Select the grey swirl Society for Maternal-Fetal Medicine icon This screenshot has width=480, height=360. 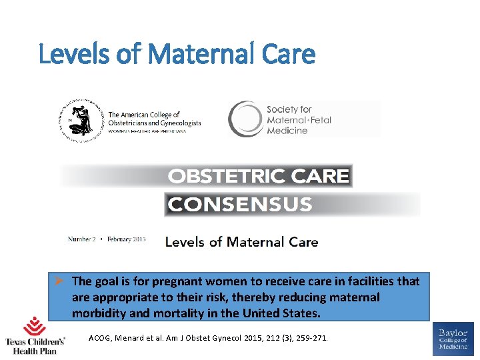point(245,119)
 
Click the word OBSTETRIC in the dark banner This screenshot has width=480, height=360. point(221,176)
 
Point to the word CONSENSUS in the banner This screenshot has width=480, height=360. point(239,204)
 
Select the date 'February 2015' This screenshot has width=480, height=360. point(127,239)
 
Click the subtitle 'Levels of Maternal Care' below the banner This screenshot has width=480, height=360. point(241,242)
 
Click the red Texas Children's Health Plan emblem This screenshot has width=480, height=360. point(35,327)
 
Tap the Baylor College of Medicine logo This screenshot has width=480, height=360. point(453,338)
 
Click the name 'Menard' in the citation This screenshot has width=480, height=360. point(133,339)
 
